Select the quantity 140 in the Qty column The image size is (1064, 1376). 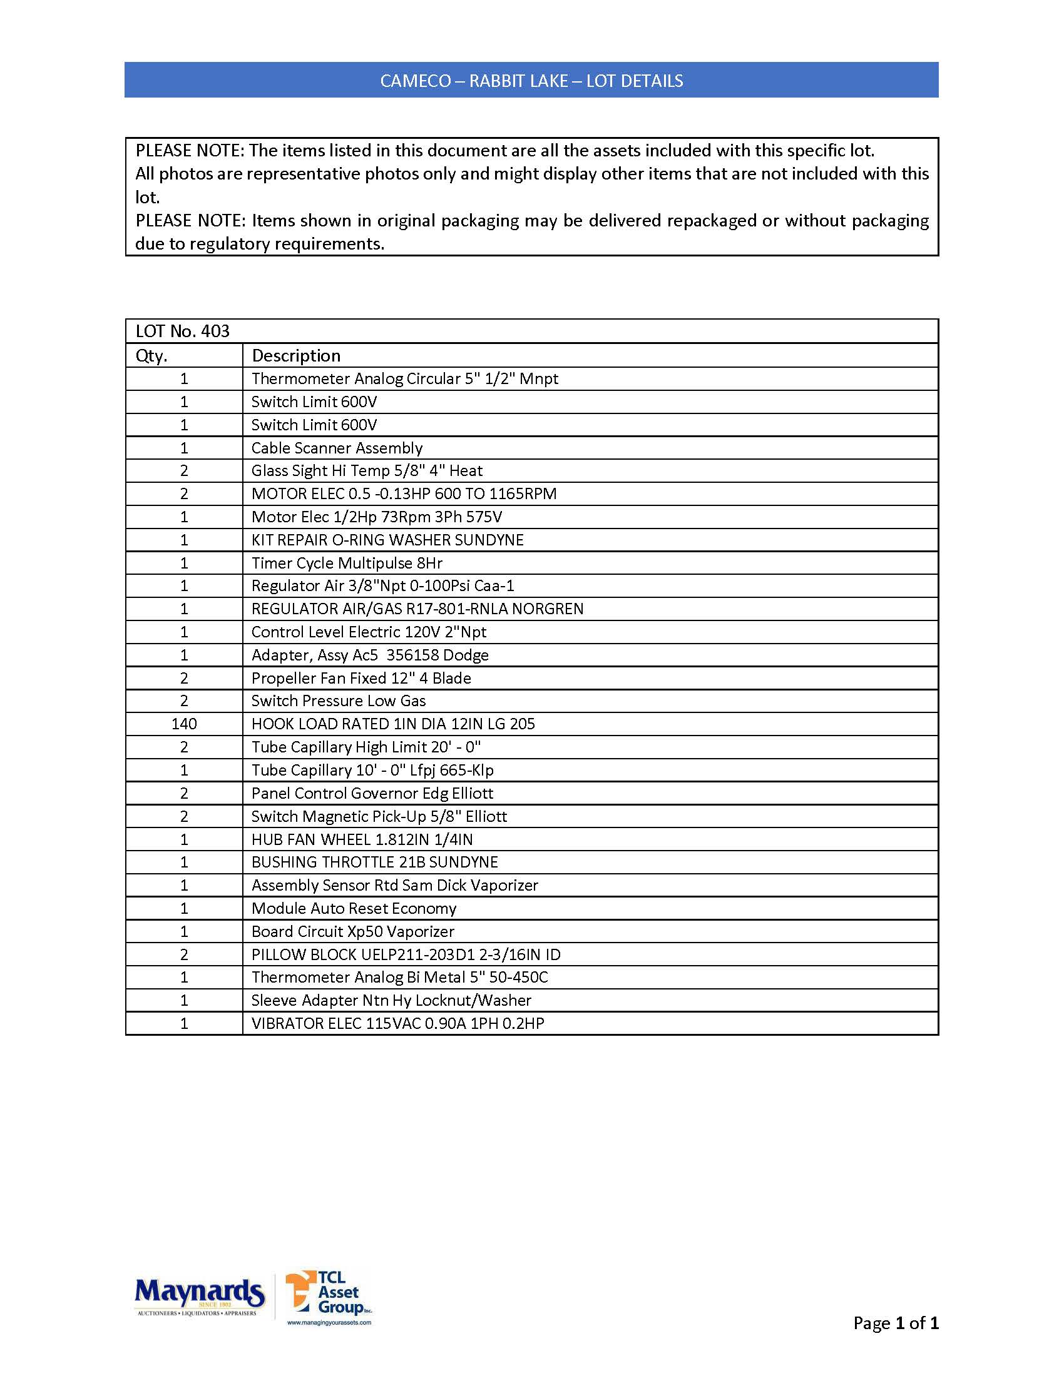pos(184,724)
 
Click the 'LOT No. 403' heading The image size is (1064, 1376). pos(183,331)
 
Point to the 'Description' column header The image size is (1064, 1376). pos(295,356)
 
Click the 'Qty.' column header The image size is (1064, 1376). pos(151,356)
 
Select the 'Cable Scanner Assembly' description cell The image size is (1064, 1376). pos(337,448)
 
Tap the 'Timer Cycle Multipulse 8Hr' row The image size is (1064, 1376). pos(347,564)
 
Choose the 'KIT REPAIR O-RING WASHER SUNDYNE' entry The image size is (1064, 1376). pos(387,540)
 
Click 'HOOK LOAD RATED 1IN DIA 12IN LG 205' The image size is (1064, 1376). pos(392,724)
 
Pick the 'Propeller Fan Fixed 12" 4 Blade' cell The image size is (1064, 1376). pos(361,678)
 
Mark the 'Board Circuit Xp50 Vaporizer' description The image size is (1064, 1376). pos(352,931)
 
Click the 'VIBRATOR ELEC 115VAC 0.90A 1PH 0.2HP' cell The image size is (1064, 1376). pos(397,1023)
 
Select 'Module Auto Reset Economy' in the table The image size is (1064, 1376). pos(354,909)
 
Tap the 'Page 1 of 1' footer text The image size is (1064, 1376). pos(896,1323)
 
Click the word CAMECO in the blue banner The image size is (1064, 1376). pos(416,81)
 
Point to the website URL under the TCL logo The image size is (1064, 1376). pos(329,1322)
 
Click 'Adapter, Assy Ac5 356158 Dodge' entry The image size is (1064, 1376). pos(370,655)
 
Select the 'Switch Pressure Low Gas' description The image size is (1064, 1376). pos(339,701)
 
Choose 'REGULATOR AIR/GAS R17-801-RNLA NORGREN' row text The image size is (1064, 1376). pos(417,609)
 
